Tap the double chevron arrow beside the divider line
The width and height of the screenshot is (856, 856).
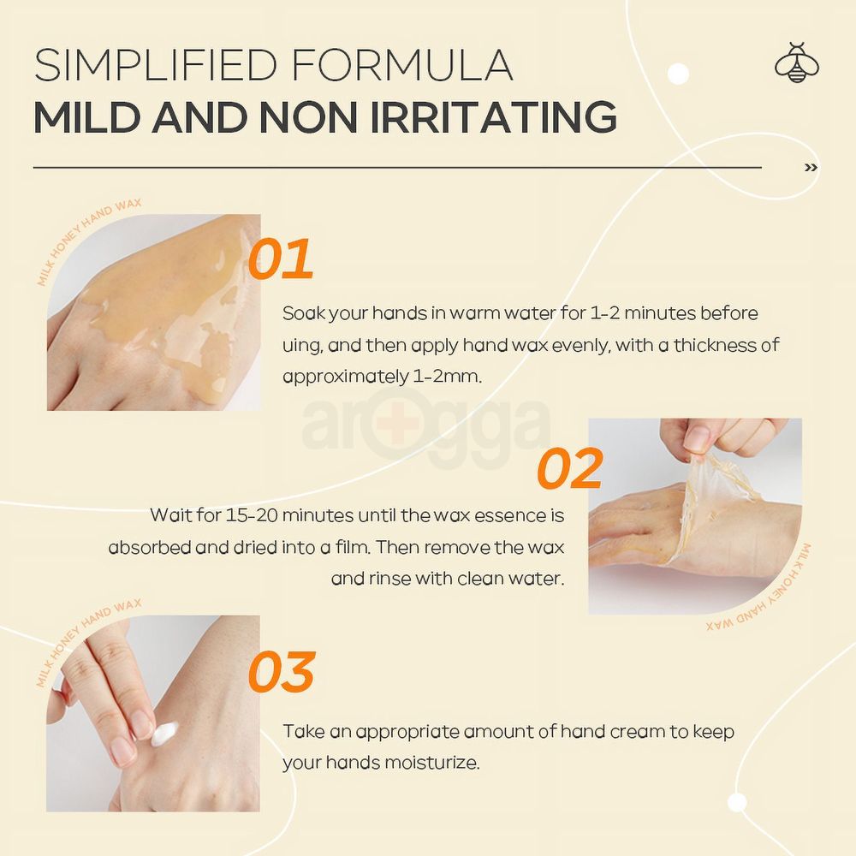point(811,168)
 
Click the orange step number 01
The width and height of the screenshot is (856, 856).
point(281,260)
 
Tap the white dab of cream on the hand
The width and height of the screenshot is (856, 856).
point(165,733)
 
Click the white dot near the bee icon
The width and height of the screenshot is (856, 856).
point(678,74)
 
